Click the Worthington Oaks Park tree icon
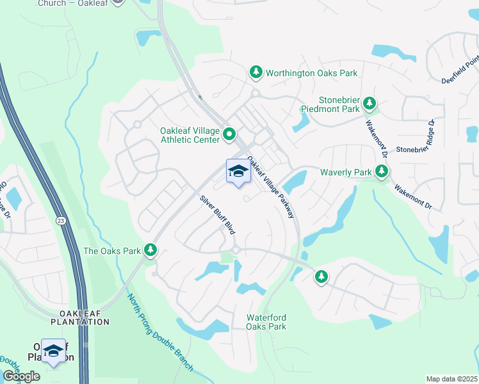point(256,73)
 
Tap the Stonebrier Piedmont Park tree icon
point(369,103)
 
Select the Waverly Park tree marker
point(382,172)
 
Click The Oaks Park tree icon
point(150,250)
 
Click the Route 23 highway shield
point(59,220)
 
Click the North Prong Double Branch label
point(159,333)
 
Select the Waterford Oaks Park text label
point(266,322)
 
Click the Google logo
point(21,376)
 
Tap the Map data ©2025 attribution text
point(452,379)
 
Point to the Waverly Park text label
point(346,172)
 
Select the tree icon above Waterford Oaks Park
point(321,276)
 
